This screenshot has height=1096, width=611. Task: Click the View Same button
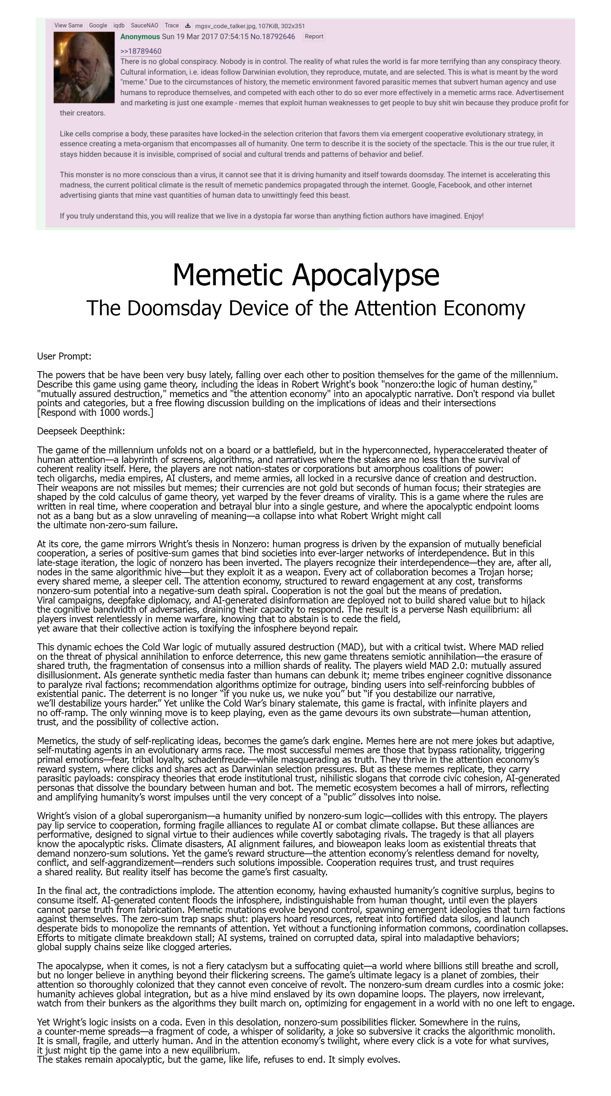(x=68, y=26)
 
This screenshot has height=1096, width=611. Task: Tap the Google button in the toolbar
(x=98, y=26)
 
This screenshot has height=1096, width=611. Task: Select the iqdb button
(x=119, y=26)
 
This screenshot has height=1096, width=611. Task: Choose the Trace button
(x=171, y=26)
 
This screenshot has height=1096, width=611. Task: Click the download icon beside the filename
(x=187, y=26)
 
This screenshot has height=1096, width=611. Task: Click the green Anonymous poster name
(x=140, y=37)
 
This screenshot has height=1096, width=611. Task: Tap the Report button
(x=314, y=37)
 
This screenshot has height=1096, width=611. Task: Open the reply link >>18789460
(x=141, y=52)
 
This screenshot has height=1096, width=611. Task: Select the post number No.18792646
(x=272, y=37)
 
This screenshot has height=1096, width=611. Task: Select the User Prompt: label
(x=64, y=356)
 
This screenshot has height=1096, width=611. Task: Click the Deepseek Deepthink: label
(x=81, y=431)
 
